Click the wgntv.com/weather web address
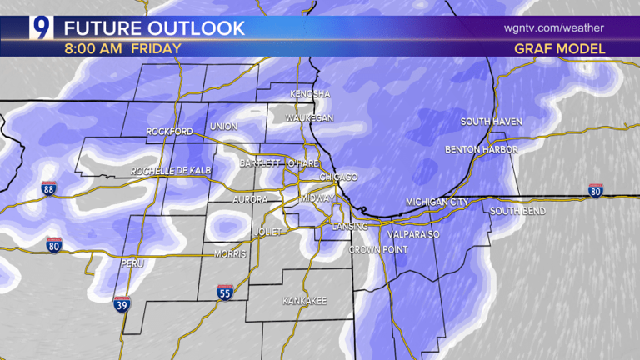[553, 27]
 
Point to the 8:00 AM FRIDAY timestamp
[122, 48]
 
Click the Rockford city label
[169, 132]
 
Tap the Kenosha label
[311, 94]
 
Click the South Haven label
[492, 122]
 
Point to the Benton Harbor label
[482, 150]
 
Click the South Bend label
[517, 211]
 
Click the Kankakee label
[304, 300]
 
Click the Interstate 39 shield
[122, 304]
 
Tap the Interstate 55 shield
[224, 292]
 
